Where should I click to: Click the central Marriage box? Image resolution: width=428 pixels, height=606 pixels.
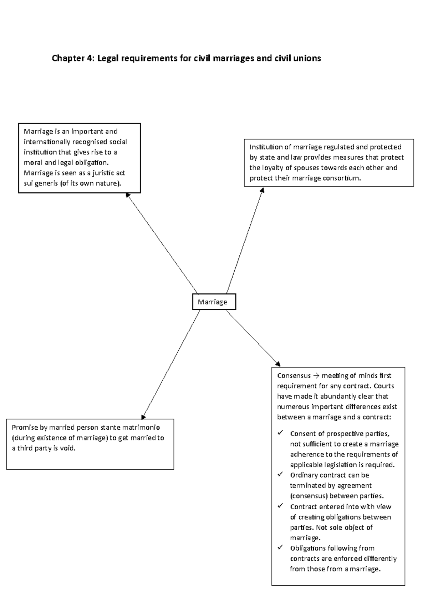pos(214,302)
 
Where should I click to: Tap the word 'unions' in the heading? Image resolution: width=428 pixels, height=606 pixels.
pos(308,58)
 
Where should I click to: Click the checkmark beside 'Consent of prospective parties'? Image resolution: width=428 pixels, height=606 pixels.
pos(280,433)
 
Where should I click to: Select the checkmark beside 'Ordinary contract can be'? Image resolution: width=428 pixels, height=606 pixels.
pos(280,474)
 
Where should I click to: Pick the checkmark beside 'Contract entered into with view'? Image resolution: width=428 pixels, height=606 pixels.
pos(280,506)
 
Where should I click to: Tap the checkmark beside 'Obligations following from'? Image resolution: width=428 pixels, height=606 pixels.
pos(280,547)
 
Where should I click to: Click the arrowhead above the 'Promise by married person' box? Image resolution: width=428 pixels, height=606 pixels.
pos(143,416)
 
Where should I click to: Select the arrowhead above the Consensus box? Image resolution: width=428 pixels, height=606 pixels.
pos(278,364)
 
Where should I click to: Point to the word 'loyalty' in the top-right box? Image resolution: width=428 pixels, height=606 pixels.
pos(272,168)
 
